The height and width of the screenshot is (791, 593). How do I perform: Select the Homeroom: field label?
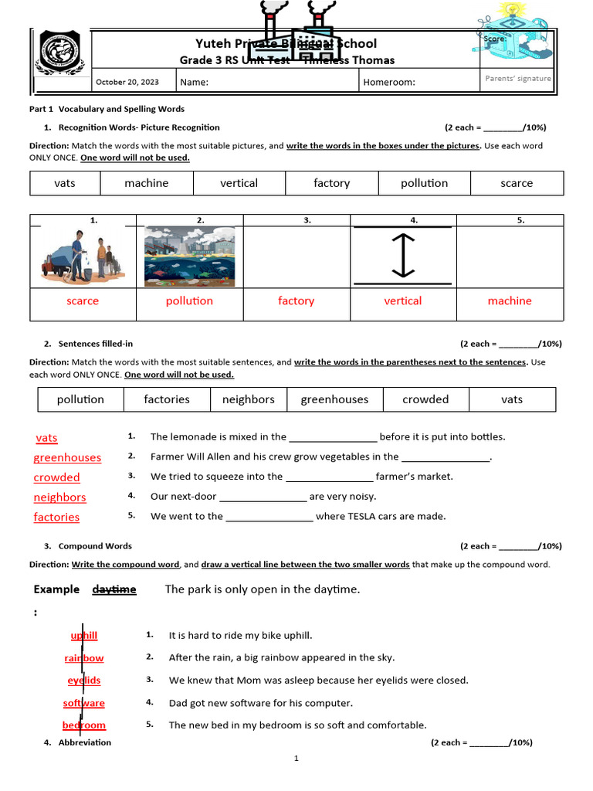389,82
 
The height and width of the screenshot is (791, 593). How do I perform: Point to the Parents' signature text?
517,79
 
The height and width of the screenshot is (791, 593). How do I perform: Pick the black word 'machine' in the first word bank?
146,183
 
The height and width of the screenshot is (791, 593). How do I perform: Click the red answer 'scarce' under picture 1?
83,300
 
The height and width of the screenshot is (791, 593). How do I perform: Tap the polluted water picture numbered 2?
189,256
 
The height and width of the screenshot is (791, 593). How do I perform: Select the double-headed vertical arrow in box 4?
402,256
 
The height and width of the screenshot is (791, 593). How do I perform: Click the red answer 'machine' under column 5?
510,300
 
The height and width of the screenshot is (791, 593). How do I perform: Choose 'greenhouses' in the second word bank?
334,399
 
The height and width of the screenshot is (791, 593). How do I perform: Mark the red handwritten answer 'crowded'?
56,477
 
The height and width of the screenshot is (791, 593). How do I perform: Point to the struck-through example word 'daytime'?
114,589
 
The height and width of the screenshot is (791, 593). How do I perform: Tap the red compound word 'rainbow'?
84,658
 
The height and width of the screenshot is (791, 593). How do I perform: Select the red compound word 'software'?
84,703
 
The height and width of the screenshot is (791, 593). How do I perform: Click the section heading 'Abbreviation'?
85,742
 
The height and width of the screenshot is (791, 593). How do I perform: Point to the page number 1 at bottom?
296,759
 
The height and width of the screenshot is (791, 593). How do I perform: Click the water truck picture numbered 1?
83,256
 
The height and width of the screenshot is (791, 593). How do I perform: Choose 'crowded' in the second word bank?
425,399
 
